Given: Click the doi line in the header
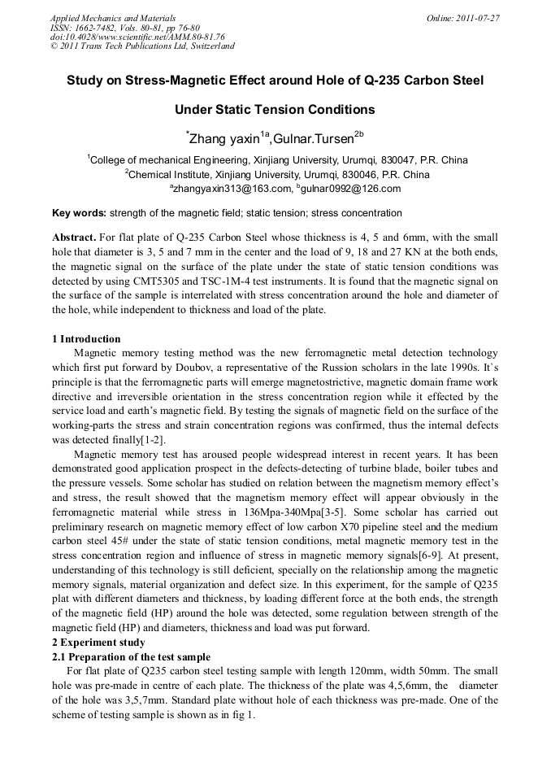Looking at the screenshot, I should tap(137, 37).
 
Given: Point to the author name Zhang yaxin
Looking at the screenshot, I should tap(223, 139).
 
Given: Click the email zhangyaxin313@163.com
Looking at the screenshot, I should tap(232, 189).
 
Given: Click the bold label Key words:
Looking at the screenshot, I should tap(79, 213).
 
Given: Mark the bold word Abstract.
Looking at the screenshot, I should tap(74, 237).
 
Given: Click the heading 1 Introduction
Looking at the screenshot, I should tap(86, 339).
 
